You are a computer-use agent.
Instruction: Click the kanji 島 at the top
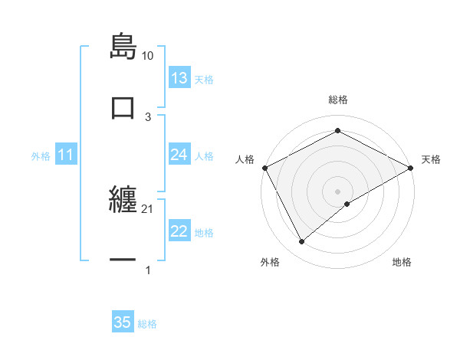pos(123,47)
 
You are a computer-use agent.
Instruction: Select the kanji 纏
pos(123,203)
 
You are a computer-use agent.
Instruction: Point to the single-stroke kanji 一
pos(123,260)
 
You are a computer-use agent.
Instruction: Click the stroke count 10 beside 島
pos(148,56)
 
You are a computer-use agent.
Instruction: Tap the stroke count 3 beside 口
pos(148,116)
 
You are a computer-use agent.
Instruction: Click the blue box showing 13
pos(179,78)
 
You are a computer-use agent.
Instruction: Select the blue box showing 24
pos(179,155)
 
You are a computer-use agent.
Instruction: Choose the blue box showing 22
pos(179,231)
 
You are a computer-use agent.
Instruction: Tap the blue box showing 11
pos(66,155)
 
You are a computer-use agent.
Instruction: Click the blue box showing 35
pos(123,322)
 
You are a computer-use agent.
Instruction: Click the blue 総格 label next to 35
pos(147,324)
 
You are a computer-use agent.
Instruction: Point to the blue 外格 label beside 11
pos(41,156)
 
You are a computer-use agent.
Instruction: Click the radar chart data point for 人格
pos(264,168)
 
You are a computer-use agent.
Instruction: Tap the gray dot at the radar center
pos(337,191)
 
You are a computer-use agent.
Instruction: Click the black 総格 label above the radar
pos(337,100)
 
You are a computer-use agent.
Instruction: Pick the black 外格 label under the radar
pos(270,262)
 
